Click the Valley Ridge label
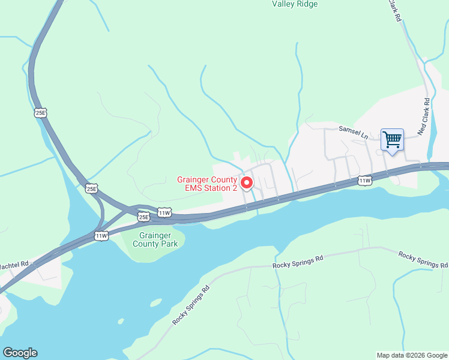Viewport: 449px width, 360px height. click(295, 4)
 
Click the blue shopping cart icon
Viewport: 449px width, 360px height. click(392, 140)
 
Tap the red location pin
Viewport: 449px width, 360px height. click(246, 182)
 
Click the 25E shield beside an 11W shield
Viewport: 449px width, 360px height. click(143, 216)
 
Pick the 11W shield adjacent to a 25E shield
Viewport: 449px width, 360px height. click(164, 213)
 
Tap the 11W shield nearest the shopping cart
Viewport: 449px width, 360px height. click(365, 180)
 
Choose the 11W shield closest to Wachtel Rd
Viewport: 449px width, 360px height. click(101, 236)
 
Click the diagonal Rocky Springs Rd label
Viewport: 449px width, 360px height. click(191, 305)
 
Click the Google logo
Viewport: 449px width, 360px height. click(20, 353)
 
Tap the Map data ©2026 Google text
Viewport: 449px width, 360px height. click(412, 355)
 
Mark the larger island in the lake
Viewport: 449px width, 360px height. click(155, 302)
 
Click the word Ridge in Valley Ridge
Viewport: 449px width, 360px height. click(307, 4)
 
